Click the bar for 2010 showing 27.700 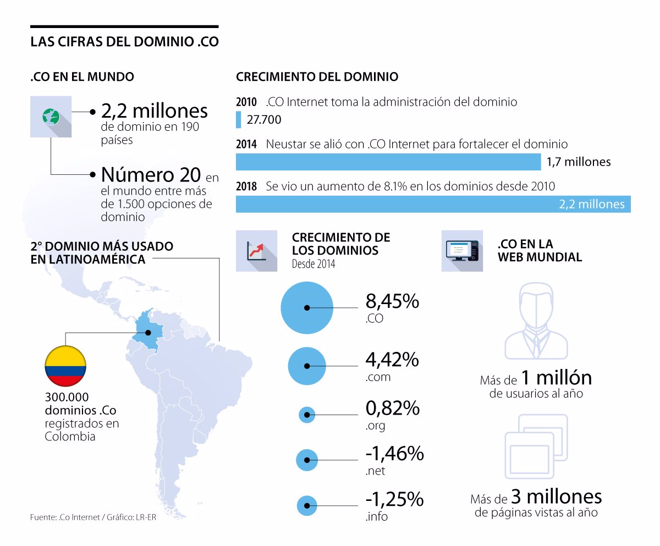[239, 120]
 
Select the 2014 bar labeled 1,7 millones [388, 162]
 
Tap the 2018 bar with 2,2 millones [433, 204]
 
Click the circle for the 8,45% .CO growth [307, 308]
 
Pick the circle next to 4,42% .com [307, 366]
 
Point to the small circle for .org [306, 415]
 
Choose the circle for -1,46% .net [307, 460]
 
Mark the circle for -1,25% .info [307, 506]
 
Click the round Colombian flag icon [65, 366]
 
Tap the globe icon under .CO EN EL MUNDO [51, 117]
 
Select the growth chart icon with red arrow [256, 251]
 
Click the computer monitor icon [462, 251]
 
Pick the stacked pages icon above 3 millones [536, 446]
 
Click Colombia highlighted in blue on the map [147, 329]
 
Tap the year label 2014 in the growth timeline [246, 145]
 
